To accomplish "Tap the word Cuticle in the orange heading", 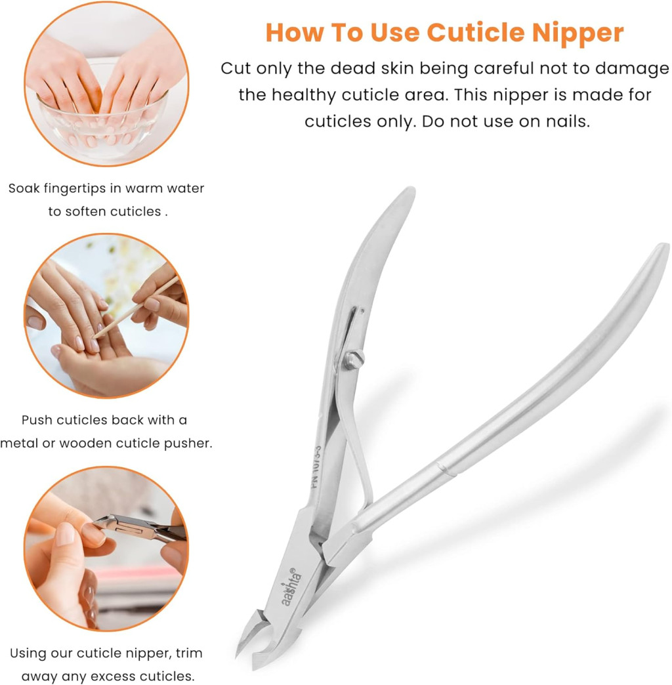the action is pyautogui.click(x=476, y=32).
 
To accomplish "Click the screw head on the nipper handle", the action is pyautogui.click(x=353, y=360).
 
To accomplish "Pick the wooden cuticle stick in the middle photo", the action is pyautogui.click(x=136, y=308).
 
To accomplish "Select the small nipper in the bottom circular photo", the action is pyautogui.click(x=140, y=526).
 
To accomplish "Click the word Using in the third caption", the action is pyautogui.click(x=29, y=654).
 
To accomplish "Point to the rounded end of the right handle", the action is pyautogui.click(x=661, y=249).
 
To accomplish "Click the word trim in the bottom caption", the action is pyautogui.click(x=189, y=653).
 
